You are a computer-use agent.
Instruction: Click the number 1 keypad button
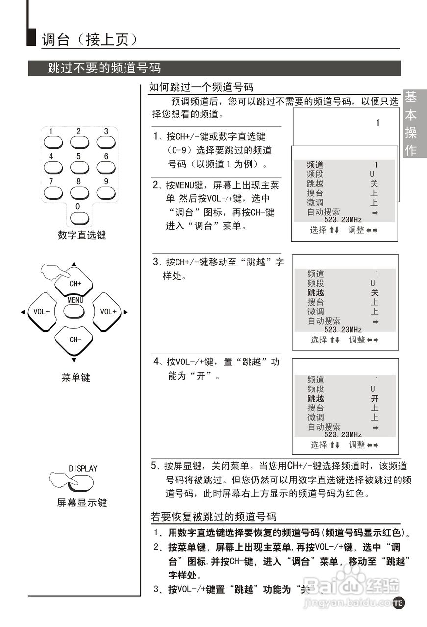coord(53,141)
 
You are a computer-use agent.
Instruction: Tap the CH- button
coord(75,339)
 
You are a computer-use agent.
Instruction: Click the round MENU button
coord(75,311)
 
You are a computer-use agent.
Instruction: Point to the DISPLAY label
coord(82,469)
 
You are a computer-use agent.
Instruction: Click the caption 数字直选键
coord(82,235)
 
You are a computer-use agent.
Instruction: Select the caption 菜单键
coord(76,377)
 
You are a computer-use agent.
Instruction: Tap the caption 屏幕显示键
coord(82,503)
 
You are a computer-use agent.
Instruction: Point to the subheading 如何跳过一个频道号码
coord(201,87)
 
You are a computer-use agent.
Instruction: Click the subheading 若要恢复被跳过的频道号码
coord(213,517)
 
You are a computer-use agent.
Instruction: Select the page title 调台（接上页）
coord(89,40)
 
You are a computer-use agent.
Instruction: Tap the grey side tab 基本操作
coord(411,124)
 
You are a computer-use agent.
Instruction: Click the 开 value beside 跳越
coord(375,399)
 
